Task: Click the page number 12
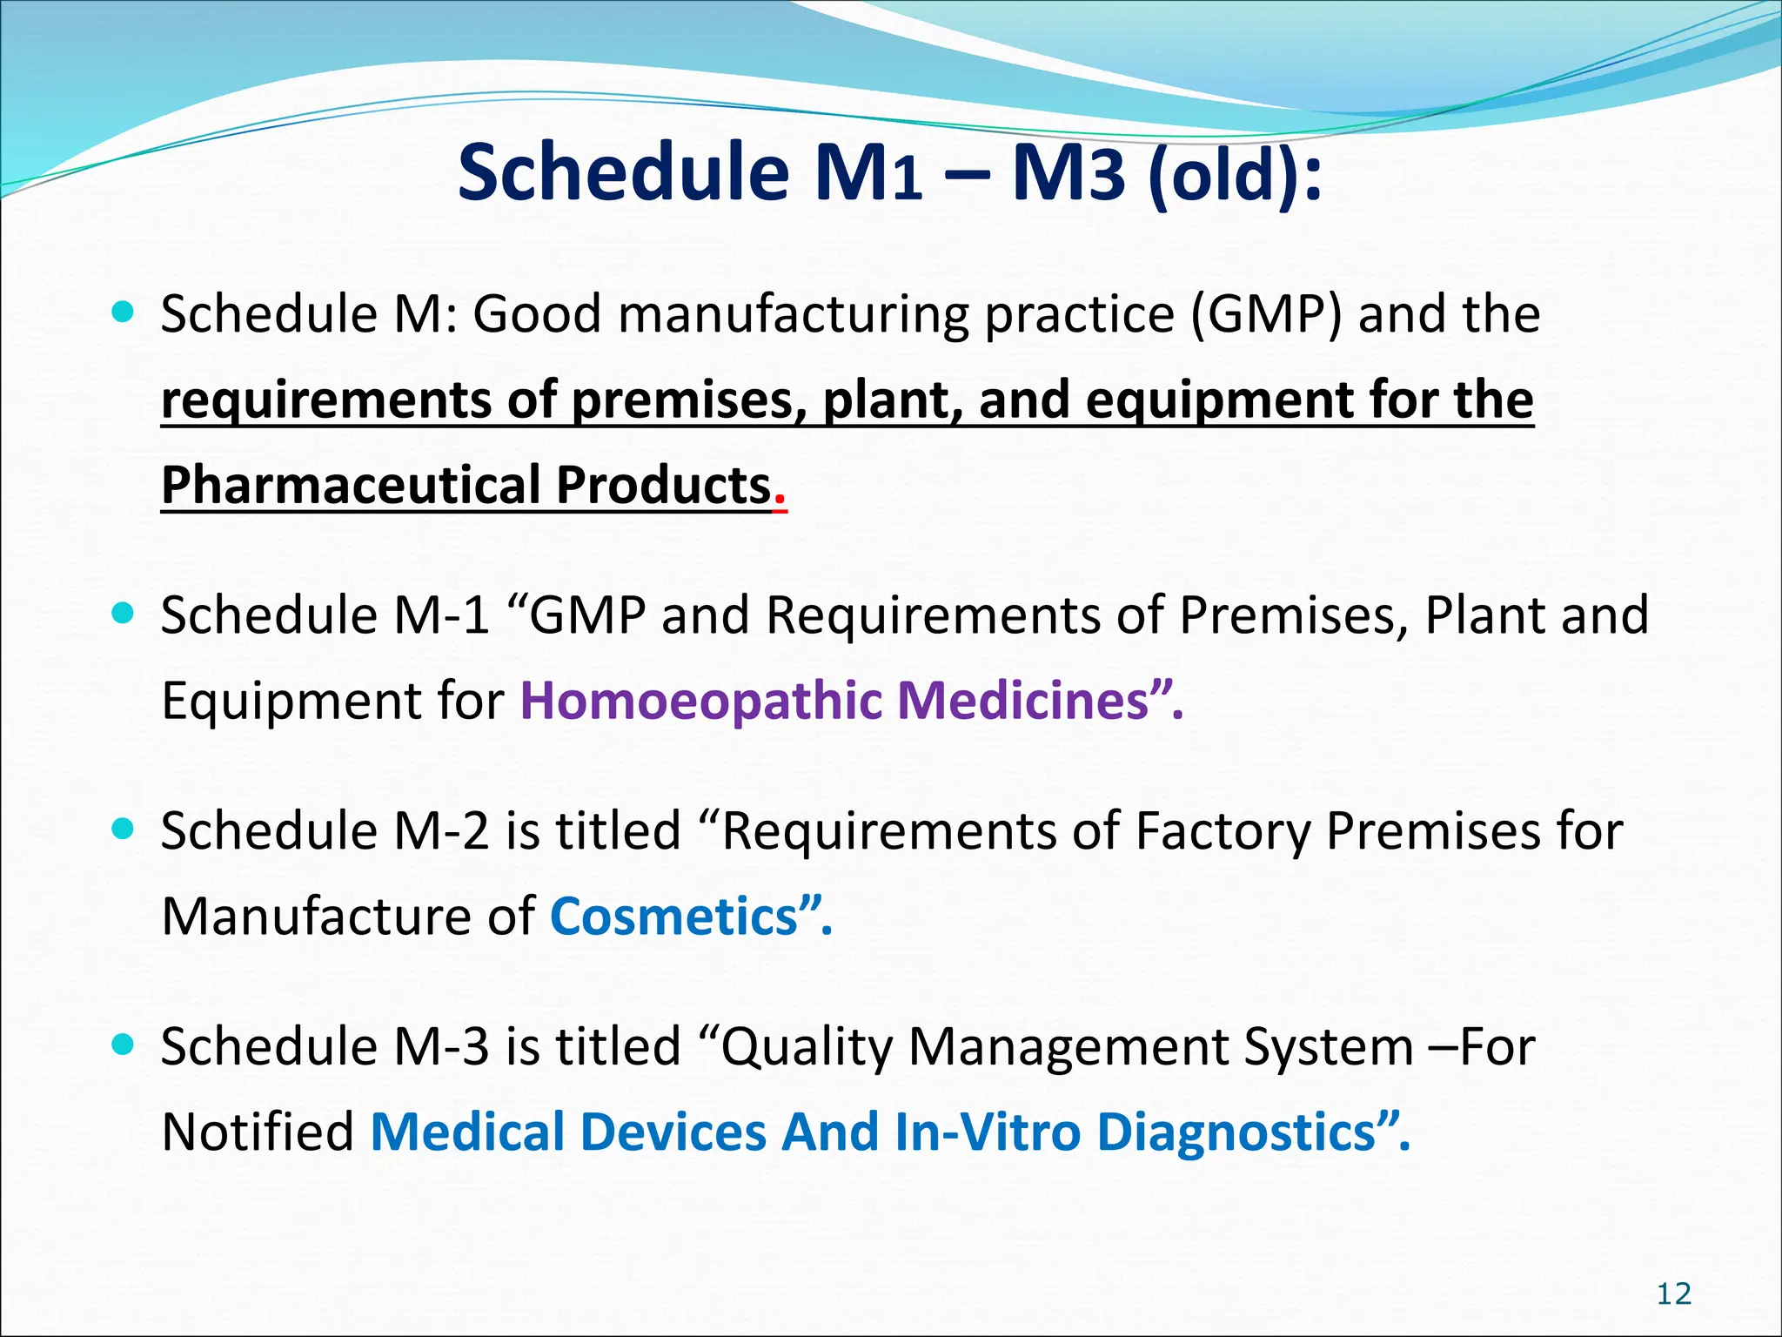pyautogui.click(x=1673, y=1294)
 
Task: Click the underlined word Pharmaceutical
pyautogui.click(x=352, y=485)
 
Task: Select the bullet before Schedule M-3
pyautogui.click(x=124, y=1045)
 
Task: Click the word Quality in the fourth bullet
pyautogui.click(x=806, y=1047)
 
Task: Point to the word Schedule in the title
pyautogui.click(x=623, y=172)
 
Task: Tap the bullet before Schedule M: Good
pyautogui.click(x=124, y=312)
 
